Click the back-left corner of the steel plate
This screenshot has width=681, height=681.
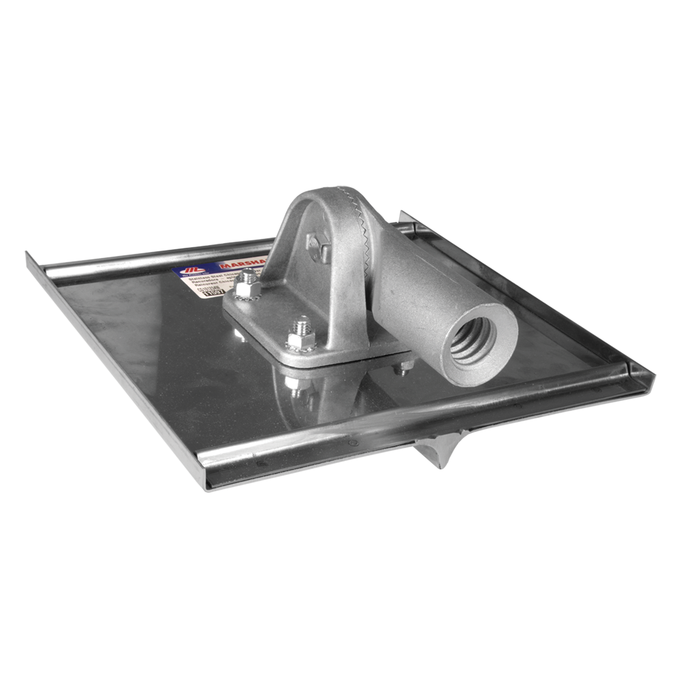(30, 255)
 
